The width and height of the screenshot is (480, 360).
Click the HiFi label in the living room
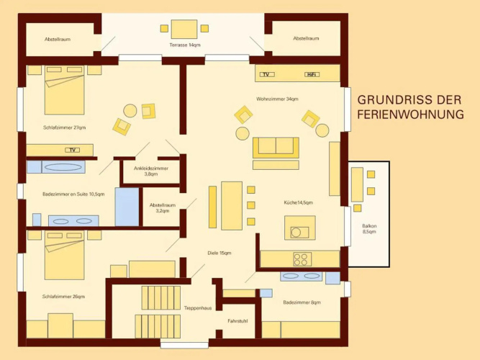pos(312,74)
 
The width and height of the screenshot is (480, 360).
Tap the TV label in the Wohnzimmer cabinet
pos(267,74)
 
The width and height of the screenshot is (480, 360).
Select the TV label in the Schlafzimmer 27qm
pos(73,150)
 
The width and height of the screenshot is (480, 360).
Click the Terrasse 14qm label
pos(185,45)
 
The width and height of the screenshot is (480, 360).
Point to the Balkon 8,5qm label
pos(369,229)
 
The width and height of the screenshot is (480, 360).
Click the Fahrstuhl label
pos(237,321)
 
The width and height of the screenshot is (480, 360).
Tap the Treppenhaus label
pos(198,308)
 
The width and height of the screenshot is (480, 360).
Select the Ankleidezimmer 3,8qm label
pos(151,171)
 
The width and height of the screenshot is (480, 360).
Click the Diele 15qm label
pos(219,253)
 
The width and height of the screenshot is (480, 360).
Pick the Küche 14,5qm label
pos(298,202)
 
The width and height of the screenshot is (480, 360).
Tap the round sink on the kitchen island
pos(296,233)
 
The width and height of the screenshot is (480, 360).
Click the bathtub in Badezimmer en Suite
pos(63,167)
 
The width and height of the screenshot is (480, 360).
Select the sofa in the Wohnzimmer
pos(276,148)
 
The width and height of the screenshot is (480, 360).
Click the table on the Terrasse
pos(184,29)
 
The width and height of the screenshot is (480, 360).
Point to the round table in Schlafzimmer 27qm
pos(130,111)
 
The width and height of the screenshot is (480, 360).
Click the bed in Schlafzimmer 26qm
pos(64,255)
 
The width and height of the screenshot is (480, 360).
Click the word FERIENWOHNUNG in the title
pos(410,114)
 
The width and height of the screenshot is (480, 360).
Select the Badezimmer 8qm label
pos(302,302)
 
